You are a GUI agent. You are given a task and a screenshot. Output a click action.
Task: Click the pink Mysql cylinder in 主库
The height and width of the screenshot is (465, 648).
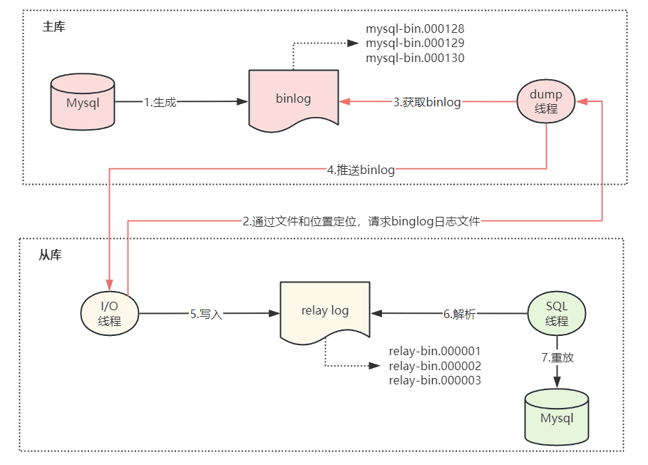[x=83, y=102]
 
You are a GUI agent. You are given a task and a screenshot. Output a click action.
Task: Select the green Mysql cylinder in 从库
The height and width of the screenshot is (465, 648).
[x=557, y=417]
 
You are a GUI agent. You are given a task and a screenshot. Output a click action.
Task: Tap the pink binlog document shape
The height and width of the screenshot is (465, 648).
[x=294, y=101]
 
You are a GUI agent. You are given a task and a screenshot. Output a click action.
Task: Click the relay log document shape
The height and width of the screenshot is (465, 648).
[x=325, y=313]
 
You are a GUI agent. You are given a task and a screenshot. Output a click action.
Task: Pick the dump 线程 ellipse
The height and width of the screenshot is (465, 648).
[x=546, y=101]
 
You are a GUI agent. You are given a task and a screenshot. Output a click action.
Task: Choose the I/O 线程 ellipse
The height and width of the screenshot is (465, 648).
[x=110, y=313]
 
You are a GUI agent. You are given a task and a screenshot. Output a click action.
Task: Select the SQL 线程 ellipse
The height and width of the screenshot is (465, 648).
[x=557, y=313]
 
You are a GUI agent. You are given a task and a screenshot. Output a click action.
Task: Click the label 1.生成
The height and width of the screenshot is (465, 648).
[x=160, y=102]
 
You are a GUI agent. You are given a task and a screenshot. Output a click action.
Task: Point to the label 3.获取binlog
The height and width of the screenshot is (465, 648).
[x=427, y=102]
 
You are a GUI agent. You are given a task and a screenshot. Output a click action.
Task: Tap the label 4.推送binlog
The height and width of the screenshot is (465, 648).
[x=361, y=170]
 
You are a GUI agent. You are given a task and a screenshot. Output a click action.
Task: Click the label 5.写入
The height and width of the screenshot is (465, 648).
[x=206, y=314]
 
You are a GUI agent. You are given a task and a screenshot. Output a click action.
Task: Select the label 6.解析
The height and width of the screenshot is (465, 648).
[x=460, y=314]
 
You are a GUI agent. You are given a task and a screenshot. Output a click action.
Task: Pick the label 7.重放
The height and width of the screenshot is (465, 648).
[x=557, y=357]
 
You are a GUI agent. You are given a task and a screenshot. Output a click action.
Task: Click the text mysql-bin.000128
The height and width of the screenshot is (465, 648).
[x=415, y=29]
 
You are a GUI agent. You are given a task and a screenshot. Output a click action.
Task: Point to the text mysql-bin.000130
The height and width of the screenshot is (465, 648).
[x=415, y=58]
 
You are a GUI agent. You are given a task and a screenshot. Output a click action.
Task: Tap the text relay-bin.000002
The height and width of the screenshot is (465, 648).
[x=435, y=366]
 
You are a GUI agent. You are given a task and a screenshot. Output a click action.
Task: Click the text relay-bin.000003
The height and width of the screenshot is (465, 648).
[x=435, y=380]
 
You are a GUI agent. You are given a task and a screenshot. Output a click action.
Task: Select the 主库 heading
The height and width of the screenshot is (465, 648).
[x=53, y=27]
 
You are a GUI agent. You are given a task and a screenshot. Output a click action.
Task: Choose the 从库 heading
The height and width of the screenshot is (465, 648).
[x=50, y=255]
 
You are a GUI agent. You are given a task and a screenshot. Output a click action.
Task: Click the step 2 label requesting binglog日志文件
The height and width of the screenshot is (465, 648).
[x=361, y=222]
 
